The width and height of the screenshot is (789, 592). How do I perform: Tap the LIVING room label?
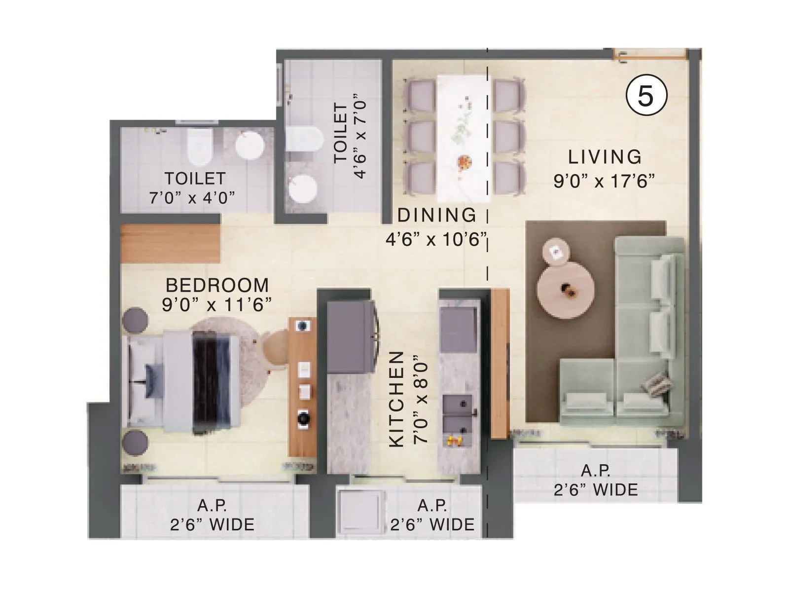[x=605, y=157]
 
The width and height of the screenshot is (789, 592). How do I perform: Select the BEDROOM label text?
[x=217, y=285]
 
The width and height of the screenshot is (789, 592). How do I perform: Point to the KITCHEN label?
[x=397, y=400]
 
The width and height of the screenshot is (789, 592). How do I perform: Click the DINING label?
[x=437, y=215]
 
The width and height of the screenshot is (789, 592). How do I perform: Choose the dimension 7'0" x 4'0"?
[x=192, y=197]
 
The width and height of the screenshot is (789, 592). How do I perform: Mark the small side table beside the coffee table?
[x=556, y=252]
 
